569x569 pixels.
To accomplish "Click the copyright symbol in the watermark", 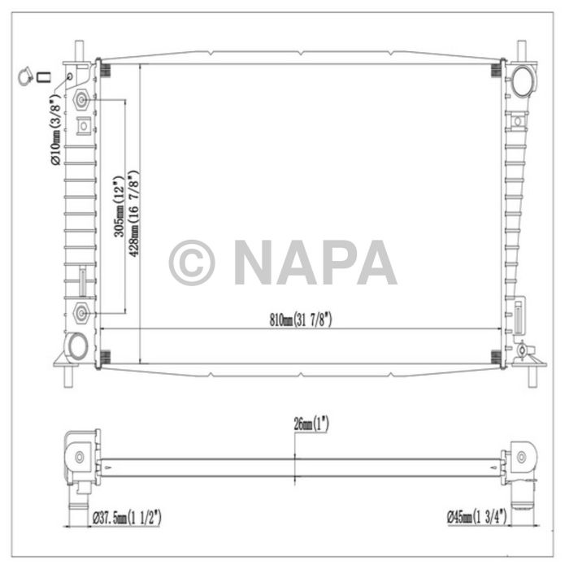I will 192,262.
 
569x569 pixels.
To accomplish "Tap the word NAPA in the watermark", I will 315,262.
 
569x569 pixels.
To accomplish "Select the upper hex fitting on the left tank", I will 82,102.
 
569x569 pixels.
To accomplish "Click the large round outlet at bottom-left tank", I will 77,345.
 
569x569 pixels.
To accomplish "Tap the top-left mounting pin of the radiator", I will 79,50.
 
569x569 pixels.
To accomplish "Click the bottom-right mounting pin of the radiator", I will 532,376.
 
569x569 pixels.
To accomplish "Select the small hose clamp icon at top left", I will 26,78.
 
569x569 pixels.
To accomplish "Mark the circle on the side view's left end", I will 79,457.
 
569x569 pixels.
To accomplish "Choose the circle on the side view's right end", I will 520,456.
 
